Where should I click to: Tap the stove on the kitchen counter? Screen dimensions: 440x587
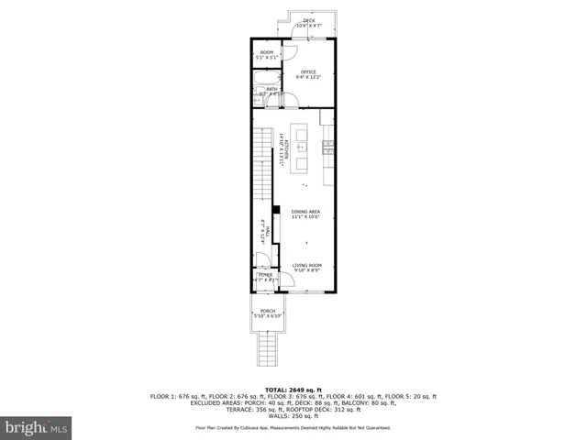pos(327,147)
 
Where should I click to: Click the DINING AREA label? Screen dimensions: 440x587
pos(306,214)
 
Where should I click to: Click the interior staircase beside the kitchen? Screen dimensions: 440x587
pos(263,165)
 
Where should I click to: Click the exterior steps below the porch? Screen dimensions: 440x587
pos(268,348)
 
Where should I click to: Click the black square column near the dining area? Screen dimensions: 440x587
pos(275,208)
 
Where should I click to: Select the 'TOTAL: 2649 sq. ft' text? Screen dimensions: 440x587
pos(293,390)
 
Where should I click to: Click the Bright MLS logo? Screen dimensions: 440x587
pos(37,426)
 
